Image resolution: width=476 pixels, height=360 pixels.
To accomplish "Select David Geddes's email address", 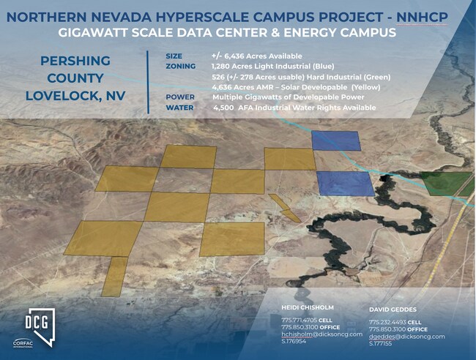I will coord(407,336).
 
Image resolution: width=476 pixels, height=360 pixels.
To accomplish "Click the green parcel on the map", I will coord(447,183).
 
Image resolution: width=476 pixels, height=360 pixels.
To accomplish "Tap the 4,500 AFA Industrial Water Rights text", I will coord(294,108).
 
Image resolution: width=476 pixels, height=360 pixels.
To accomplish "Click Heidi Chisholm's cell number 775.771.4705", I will coord(299,320).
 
